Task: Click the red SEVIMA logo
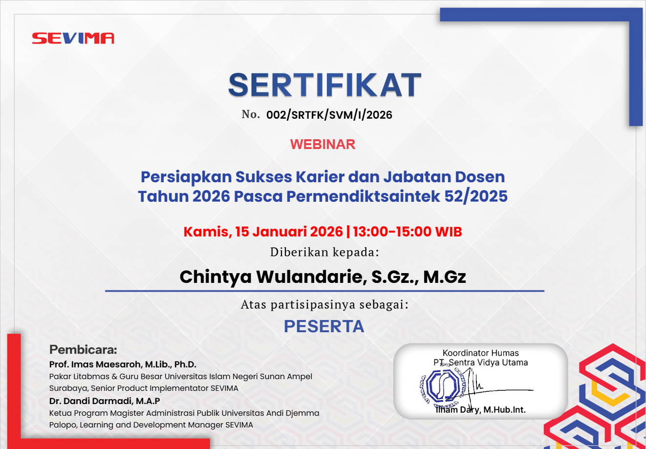[x=73, y=38]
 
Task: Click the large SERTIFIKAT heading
[x=325, y=85]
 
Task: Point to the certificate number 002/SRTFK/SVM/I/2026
[x=329, y=115]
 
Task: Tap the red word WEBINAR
[x=323, y=144]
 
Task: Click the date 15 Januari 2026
[x=289, y=232]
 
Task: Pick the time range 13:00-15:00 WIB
[x=408, y=232]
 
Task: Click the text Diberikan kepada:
[x=324, y=252]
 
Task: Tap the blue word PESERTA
[x=324, y=326]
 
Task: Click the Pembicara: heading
[x=83, y=349]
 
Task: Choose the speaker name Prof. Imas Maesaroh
[x=96, y=364]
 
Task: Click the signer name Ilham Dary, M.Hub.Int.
[x=480, y=409]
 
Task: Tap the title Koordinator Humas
[x=480, y=353]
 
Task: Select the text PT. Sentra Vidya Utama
[x=480, y=363]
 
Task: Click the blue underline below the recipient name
[x=324, y=291]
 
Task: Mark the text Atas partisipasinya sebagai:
[x=325, y=305]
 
